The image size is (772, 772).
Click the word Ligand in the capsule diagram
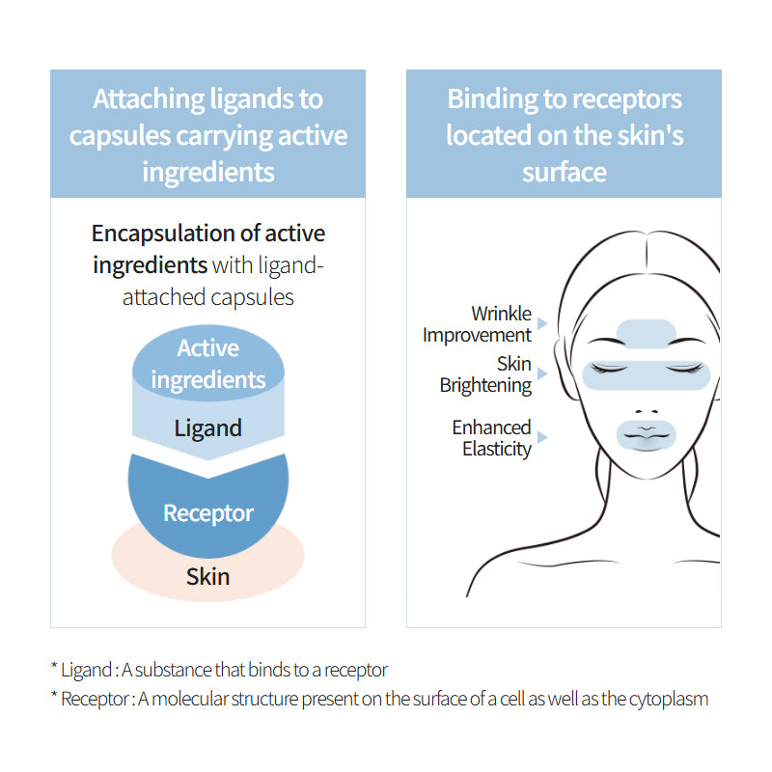(x=207, y=427)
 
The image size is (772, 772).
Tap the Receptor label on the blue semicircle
(x=207, y=512)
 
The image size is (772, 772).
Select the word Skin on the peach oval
(x=207, y=577)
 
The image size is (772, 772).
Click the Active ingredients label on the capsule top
(x=207, y=364)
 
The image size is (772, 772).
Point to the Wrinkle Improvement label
(x=477, y=324)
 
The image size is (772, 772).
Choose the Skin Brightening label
(x=485, y=374)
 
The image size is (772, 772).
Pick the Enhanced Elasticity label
(x=491, y=437)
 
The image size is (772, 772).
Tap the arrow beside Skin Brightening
(x=542, y=373)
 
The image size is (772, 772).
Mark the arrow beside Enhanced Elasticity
(x=542, y=437)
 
